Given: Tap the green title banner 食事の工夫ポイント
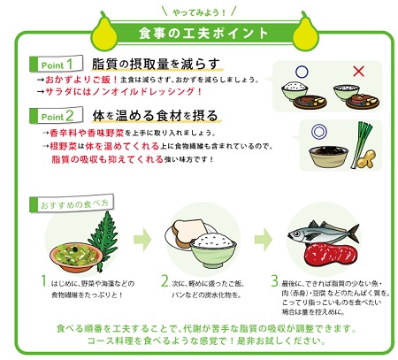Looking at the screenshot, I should pyautogui.click(x=202, y=33).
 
